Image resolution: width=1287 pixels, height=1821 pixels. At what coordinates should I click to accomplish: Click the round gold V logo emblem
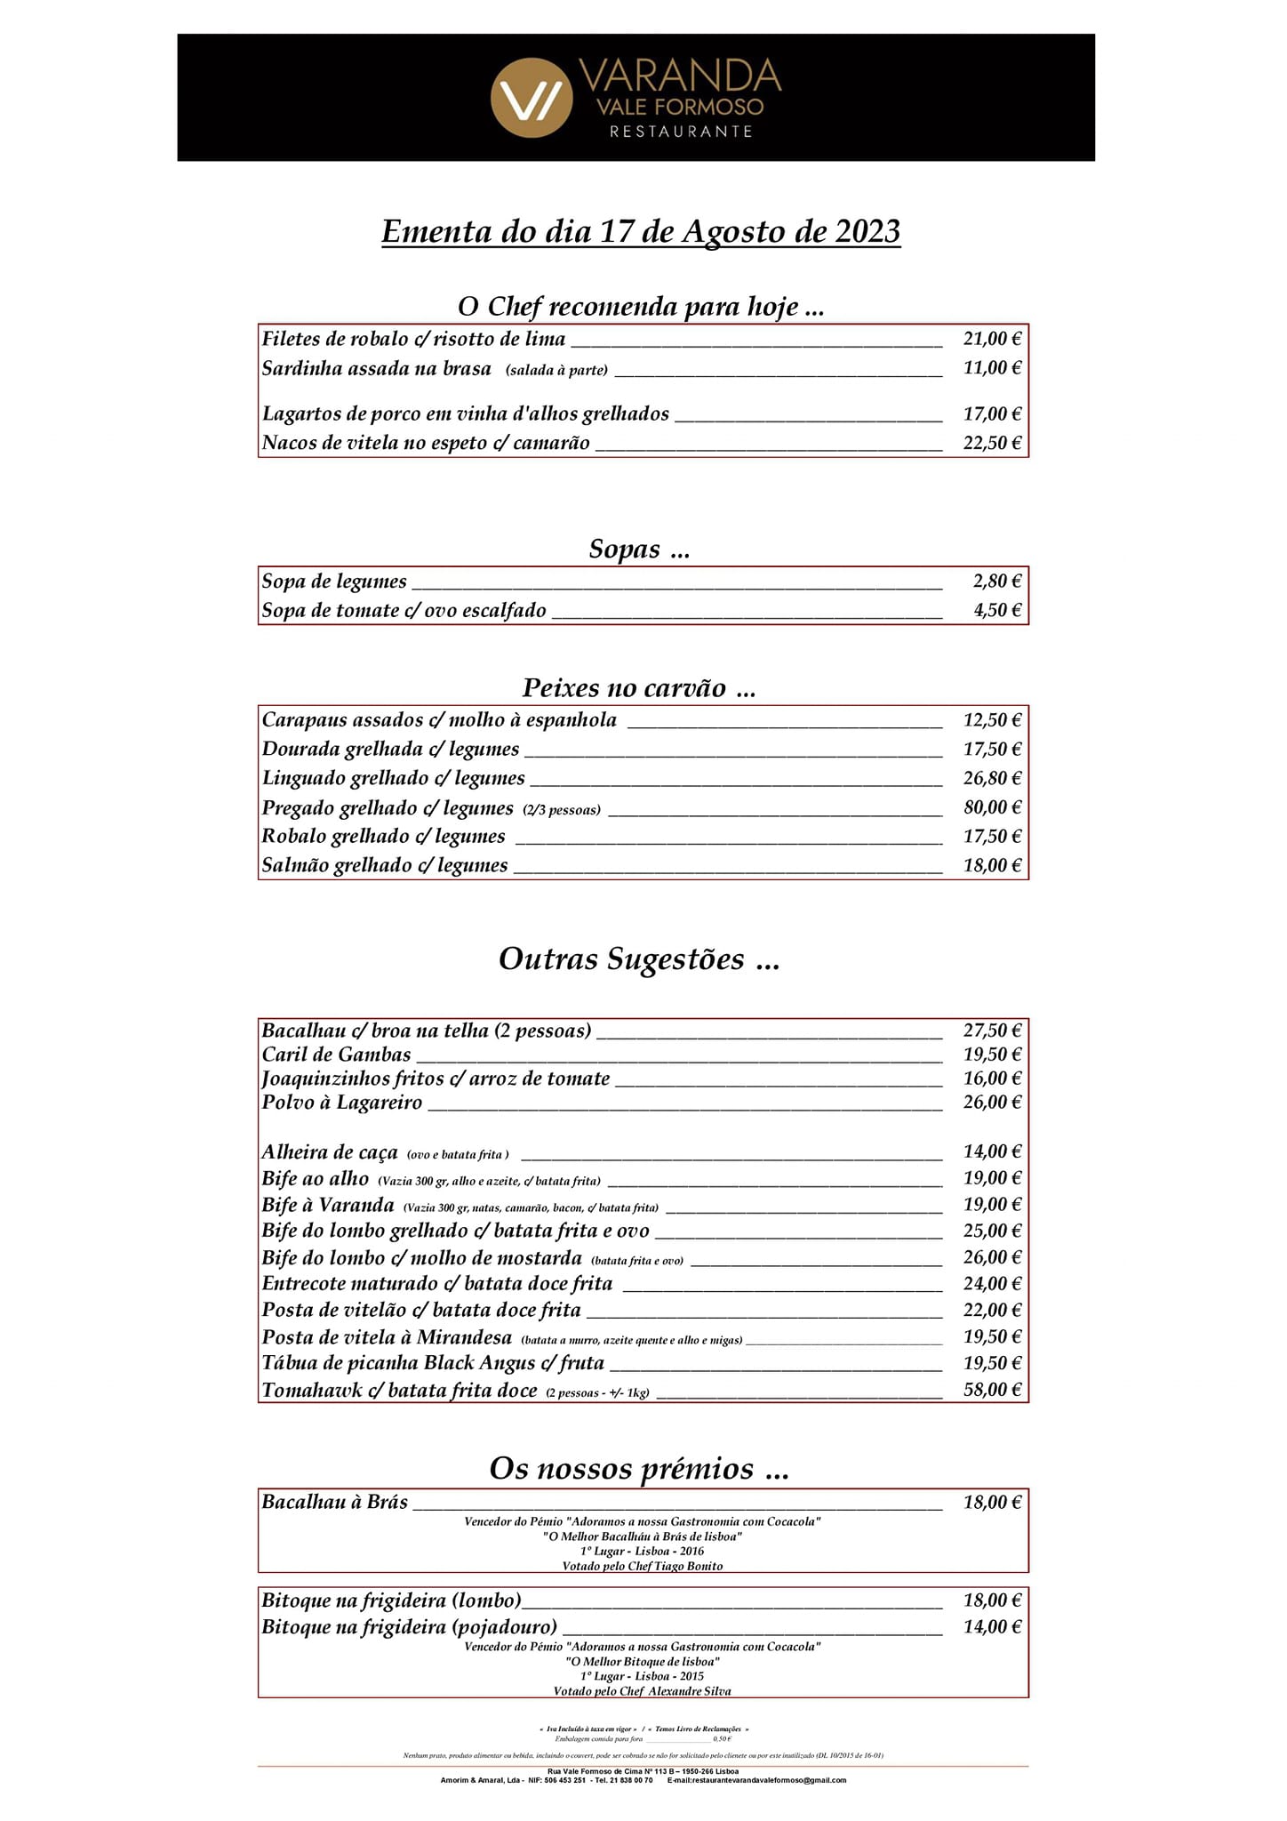[x=532, y=98]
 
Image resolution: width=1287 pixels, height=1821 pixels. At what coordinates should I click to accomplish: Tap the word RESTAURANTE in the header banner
[x=681, y=132]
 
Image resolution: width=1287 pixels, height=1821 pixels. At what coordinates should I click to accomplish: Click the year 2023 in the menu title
[x=867, y=232]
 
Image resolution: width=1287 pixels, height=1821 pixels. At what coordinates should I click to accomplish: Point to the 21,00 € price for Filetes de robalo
[x=992, y=339]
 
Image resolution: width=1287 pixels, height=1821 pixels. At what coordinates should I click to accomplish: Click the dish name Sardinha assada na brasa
[x=376, y=369]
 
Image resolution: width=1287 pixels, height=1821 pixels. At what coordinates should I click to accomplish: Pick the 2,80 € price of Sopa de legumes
[x=997, y=582]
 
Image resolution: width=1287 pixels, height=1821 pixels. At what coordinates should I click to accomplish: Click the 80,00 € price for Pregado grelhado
[x=992, y=807]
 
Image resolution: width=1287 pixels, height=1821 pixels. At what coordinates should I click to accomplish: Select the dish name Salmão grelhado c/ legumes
[x=385, y=866]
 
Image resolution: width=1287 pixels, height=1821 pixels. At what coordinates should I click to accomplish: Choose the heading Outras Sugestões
[x=639, y=959]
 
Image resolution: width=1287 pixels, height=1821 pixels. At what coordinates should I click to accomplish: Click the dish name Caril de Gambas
[x=336, y=1055]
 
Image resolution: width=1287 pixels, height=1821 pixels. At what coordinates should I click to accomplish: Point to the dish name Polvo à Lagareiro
[x=342, y=1103]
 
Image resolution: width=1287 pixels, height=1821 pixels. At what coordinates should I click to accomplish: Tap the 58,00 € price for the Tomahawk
[x=992, y=1390]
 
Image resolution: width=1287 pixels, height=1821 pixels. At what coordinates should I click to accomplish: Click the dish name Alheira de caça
[x=330, y=1153]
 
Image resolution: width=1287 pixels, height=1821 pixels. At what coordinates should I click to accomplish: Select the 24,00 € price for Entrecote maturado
[x=992, y=1284]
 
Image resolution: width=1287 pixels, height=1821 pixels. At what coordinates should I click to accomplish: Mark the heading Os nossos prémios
[x=639, y=1469]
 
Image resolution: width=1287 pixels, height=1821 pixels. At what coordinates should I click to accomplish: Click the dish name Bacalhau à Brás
[x=335, y=1503]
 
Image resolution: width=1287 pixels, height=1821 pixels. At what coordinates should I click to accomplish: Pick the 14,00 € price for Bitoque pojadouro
[x=992, y=1627]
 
